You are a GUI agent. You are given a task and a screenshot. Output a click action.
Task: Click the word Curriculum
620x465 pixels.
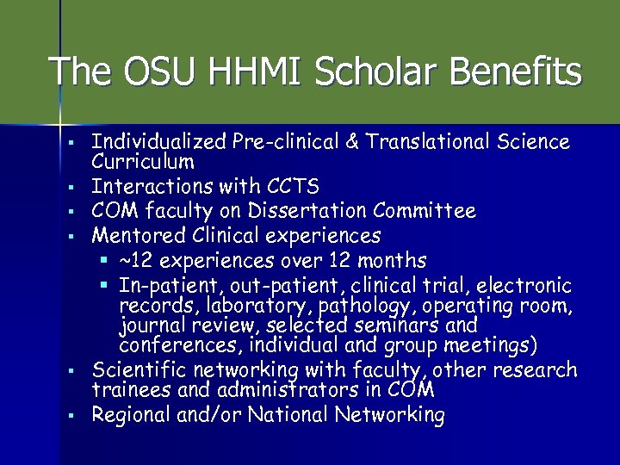pyautogui.click(x=143, y=161)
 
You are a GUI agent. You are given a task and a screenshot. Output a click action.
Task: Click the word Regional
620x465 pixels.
pyautogui.click(x=129, y=415)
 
